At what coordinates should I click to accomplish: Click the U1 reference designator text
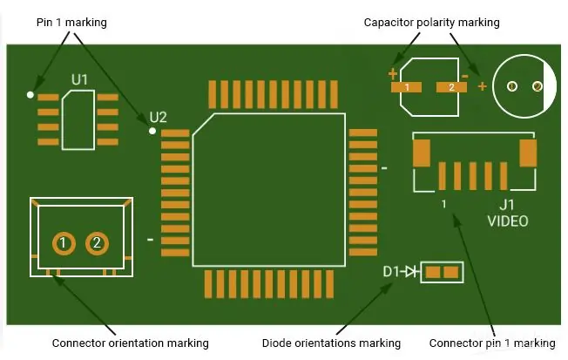(x=80, y=80)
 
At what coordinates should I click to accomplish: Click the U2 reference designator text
(x=158, y=117)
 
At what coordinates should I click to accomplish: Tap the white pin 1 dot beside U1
(x=31, y=94)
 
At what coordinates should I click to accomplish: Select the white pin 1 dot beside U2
(x=152, y=132)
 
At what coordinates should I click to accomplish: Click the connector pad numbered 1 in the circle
(x=63, y=242)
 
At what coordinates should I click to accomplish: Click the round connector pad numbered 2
(x=97, y=242)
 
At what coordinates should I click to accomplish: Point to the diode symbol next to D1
(x=412, y=272)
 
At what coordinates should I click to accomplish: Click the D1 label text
(x=392, y=272)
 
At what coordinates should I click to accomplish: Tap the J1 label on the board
(x=507, y=204)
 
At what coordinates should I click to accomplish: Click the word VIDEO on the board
(x=507, y=221)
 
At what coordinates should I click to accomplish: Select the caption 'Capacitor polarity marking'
(x=432, y=22)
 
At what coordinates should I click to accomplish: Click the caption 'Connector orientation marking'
(x=131, y=343)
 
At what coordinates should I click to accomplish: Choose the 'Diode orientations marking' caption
(x=332, y=343)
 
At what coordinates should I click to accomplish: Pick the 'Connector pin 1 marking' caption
(x=492, y=343)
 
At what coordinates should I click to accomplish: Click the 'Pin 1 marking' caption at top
(x=71, y=22)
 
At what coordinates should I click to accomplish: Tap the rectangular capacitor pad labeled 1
(x=407, y=87)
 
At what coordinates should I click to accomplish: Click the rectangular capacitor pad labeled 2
(x=451, y=87)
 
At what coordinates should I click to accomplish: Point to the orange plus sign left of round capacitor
(x=483, y=86)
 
